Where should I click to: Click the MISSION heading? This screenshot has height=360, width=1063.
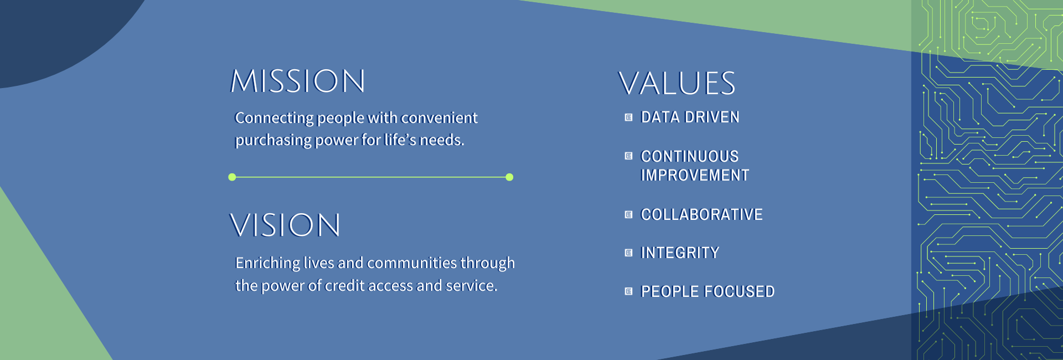click(298, 81)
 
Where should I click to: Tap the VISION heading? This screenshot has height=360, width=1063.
click(285, 225)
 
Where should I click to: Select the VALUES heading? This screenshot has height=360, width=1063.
click(677, 84)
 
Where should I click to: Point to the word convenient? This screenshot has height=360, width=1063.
click(439, 118)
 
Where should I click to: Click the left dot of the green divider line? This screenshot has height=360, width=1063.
click(232, 177)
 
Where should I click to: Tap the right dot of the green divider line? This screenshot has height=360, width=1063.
click(509, 177)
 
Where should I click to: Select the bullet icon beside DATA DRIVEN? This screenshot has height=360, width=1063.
click(628, 117)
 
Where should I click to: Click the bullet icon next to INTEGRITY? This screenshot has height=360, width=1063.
click(628, 253)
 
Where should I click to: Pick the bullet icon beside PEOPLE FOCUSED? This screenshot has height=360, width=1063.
click(628, 291)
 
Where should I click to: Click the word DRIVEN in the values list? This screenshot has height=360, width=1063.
click(712, 117)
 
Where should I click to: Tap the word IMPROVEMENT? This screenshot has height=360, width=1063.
click(695, 176)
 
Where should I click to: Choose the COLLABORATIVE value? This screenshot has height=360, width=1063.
click(701, 214)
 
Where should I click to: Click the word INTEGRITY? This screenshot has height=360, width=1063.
click(680, 253)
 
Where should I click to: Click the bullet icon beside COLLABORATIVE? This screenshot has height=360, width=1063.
click(628, 214)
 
